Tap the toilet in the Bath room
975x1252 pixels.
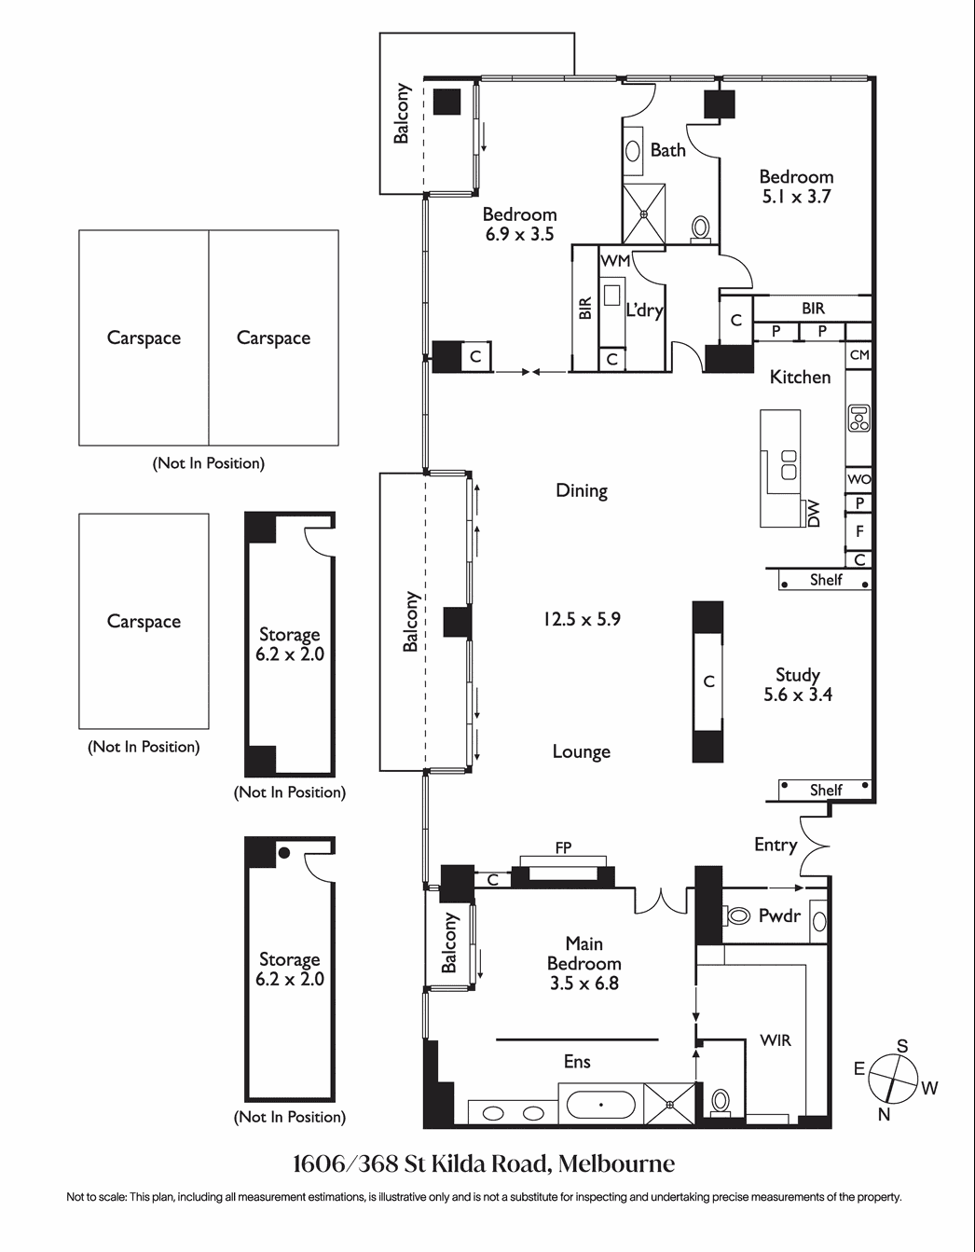pyautogui.click(x=700, y=229)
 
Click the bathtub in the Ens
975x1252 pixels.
pyautogui.click(x=600, y=1105)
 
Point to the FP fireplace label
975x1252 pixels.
pyautogui.click(x=563, y=847)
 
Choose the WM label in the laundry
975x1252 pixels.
pyautogui.click(x=615, y=261)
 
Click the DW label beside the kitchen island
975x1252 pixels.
pyautogui.click(x=813, y=514)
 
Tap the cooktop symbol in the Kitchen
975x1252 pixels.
pyautogui.click(x=858, y=419)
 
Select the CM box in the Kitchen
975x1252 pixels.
pyautogui.click(x=859, y=355)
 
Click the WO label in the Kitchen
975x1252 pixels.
pyautogui.click(x=859, y=479)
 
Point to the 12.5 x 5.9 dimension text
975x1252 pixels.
pyautogui.click(x=582, y=619)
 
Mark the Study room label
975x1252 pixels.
pyautogui.click(x=798, y=675)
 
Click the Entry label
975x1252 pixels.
pyautogui.click(x=776, y=846)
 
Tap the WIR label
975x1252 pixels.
pyautogui.click(x=776, y=1040)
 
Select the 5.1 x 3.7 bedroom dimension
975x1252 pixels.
pyautogui.click(x=796, y=197)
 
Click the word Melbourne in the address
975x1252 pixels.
pyautogui.click(x=616, y=1163)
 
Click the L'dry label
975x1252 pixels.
pyautogui.click(x=644, y=311)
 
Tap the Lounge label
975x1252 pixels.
pyautogui.click(x=581, y=752)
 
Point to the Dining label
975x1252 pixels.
pyautogui.click(x=582, y=491)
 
